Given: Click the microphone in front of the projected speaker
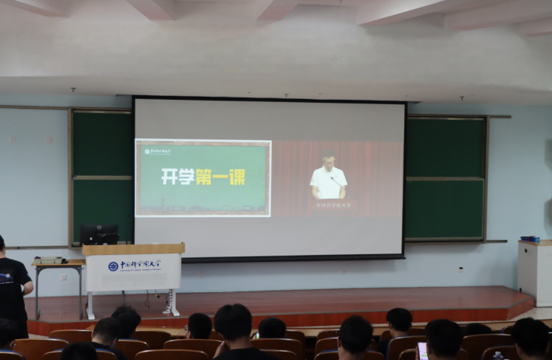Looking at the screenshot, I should point(336,181).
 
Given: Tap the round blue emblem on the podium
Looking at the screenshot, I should point(113,266).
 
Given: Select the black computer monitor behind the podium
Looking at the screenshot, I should point(99,234).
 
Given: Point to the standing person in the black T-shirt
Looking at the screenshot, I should point(13,285).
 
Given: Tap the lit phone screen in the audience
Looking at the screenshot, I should point(421,350).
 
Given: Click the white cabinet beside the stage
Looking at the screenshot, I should point(534,272).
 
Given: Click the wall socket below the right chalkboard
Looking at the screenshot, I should point(461,269).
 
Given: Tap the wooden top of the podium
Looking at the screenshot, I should point(133,249).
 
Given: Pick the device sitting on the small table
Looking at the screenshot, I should point(49,260).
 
